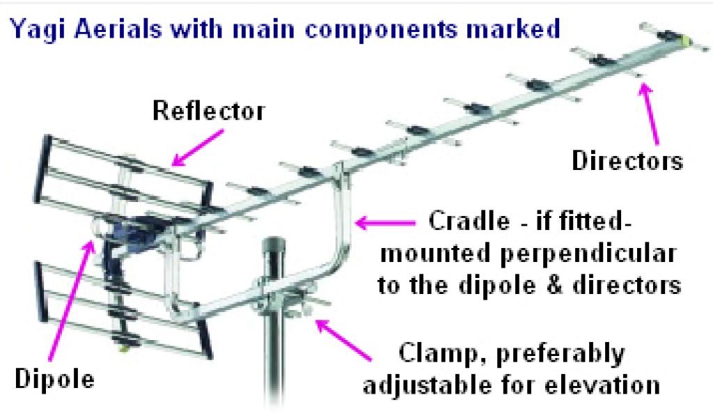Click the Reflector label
point(209,110)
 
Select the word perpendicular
point(598,254)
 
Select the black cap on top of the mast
point(273,248)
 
